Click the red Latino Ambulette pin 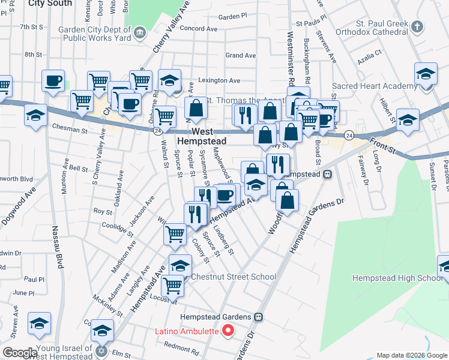(228, 331)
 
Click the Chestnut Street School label (234, 277)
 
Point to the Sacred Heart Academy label (375, 86)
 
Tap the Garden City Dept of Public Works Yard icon (140, 32)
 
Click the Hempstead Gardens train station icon (259, 317)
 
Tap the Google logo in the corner (20, 353)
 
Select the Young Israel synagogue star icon (101, 349)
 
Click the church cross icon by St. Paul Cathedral (418, 27)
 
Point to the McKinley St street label (108, 306)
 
